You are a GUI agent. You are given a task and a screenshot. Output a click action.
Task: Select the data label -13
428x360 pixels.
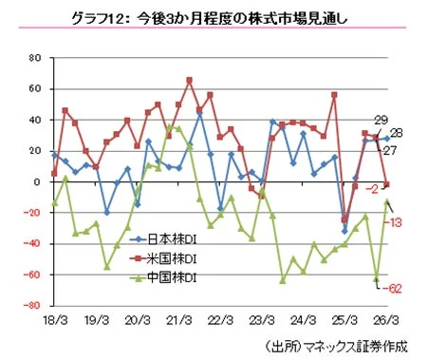(x=399, y=221)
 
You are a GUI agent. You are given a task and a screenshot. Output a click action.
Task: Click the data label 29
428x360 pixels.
(x=379, y=120)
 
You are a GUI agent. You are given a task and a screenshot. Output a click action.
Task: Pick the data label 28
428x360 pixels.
(x=398, y=133)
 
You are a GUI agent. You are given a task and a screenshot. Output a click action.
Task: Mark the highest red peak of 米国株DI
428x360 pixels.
(x=190, y=80)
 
